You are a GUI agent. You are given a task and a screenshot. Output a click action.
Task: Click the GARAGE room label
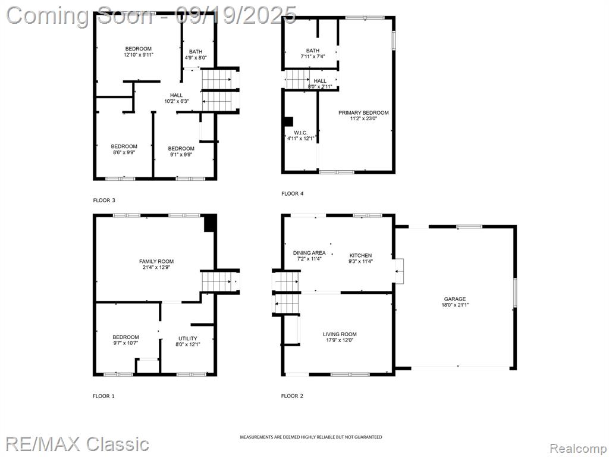[x=455, y=299]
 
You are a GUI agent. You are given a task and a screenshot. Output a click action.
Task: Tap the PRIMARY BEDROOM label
[x=363, y=112]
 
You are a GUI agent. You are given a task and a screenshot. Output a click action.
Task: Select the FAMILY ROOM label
[x=156, y=262]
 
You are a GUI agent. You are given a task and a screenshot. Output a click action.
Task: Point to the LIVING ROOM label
[x=340, y=334]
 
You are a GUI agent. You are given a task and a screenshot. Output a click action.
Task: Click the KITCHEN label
[x=360, y=255]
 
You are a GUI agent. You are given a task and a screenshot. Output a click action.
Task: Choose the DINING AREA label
[x=309, y=253]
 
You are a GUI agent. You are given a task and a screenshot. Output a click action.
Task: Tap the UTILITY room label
[x=187, y=339]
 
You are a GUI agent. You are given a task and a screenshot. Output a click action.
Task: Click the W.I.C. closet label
[x=300, y=133]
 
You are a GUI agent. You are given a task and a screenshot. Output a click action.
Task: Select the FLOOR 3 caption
[x=104, y=201]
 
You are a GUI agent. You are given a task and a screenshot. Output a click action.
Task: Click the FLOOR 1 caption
[x=103, y=396]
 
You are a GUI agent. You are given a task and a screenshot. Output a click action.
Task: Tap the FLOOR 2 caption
[x=292, y=396]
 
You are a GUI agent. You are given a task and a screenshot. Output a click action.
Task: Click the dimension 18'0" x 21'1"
[x=455, y=305]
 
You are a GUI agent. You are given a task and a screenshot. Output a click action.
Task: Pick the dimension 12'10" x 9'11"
[x=138, y=55]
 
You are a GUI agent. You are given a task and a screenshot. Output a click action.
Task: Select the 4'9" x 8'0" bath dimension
[x=196, y=58]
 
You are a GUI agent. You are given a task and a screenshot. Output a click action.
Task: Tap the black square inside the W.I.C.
[x=288, y=121]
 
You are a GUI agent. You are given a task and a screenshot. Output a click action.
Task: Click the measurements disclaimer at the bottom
[x=310, y=437]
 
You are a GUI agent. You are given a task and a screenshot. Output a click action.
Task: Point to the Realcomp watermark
[x=577, y=449]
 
